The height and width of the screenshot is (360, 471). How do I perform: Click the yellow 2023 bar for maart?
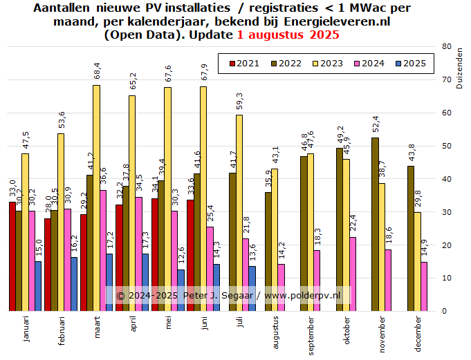(x=96, y=198)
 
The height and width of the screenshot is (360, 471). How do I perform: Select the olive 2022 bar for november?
(x=375, y=224)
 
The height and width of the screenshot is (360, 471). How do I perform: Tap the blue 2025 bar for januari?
(x=38, y=285)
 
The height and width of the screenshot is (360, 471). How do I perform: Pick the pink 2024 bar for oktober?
(x=353, y=274)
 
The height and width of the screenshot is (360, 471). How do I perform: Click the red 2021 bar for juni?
(x=191, y=255)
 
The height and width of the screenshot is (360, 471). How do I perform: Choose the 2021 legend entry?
(x=243, y=64)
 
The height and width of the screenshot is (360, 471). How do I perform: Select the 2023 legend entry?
(x=326, y=64)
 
